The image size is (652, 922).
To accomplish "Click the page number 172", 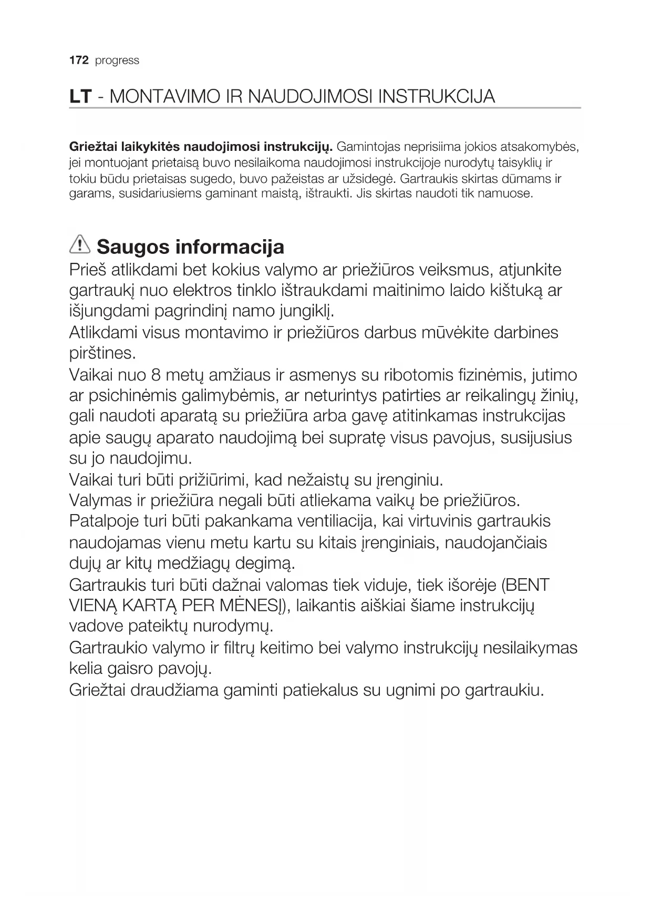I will click(x=78, y=60).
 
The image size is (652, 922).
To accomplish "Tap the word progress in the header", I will click(x=117, y=61).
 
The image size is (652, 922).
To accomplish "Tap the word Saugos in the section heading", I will click(x=133, y=247).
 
